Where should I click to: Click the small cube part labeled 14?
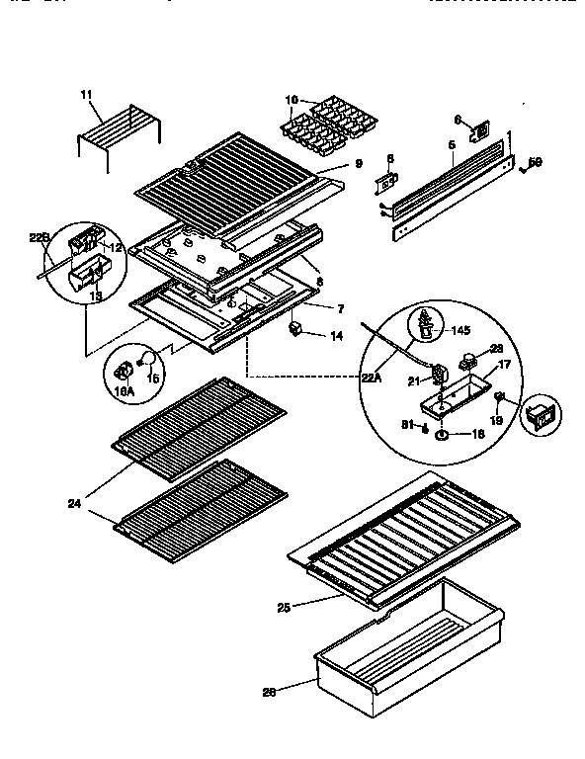[295, 329]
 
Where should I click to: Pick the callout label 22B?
[38, 237]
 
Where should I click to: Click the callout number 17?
[503, 364]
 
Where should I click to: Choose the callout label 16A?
[125, 392]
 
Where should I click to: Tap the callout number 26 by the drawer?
[267, 691]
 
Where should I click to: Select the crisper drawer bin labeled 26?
[405, 643]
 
